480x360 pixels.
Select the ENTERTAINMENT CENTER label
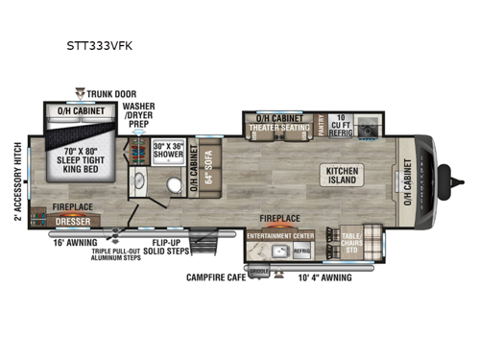[x=280, y=234]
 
